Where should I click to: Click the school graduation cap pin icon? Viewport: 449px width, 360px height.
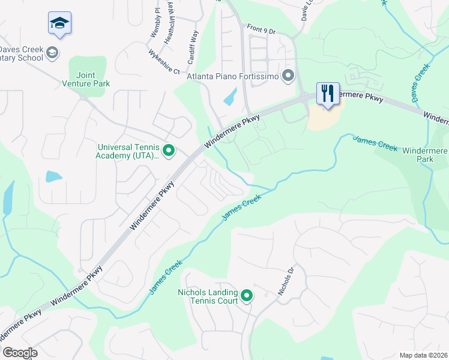click(59, 23)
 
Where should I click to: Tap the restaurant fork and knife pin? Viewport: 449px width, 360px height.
click(328, 93)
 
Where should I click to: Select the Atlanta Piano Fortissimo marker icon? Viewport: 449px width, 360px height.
click(288, 76)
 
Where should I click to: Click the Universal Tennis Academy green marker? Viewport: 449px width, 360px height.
click(169, 151)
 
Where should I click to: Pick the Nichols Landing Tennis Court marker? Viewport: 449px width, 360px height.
click(246, 295)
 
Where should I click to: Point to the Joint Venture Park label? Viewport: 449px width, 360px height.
click(86, 79)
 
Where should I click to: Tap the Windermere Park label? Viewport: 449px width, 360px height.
click(425, 155)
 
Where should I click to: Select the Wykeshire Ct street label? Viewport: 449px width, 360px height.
click(164, 61)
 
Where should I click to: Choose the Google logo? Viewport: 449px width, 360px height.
click(20, 353)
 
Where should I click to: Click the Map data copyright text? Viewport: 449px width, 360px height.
click(423, 355)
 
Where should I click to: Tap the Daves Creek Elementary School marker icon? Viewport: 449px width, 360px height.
click(52, 52)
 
